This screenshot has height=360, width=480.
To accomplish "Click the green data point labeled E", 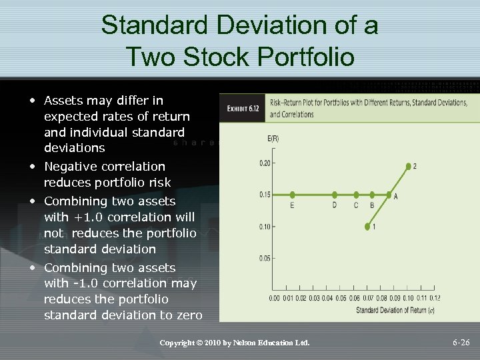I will point(292,195).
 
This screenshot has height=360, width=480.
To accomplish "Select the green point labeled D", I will point(334,195).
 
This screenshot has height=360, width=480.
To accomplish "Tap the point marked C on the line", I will point(355,195).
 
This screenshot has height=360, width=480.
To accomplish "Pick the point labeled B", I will point(372,195).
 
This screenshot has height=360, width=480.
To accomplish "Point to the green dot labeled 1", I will point(367,227).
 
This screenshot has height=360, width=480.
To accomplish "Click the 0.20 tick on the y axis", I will point(265,163).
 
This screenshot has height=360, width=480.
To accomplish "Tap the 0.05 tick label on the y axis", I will point(265,258).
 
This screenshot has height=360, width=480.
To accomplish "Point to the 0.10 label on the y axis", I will point(265,227).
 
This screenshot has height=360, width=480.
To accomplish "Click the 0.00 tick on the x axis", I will point(274,298).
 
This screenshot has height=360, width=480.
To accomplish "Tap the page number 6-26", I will point(461,343).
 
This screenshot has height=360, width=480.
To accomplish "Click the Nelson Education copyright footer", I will point(235,343).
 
